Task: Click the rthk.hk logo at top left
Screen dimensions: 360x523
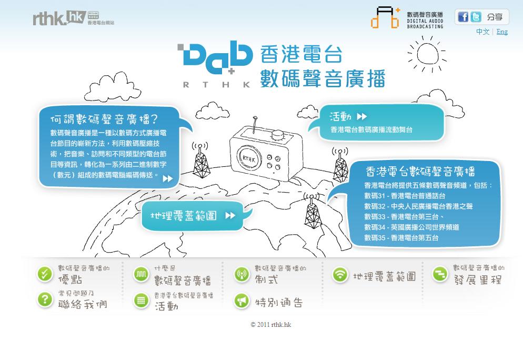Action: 59,18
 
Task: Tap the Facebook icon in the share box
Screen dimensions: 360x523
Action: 462,17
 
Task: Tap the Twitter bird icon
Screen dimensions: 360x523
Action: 476,17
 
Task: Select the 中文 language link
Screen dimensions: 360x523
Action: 482,32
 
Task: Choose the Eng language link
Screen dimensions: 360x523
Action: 502,32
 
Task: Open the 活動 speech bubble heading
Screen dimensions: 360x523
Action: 348,116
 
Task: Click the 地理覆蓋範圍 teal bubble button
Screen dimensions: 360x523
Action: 192,216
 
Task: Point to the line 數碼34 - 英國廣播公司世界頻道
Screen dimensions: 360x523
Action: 411,227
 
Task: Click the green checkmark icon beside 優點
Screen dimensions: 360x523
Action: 45,274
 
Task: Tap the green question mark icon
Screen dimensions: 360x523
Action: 45,299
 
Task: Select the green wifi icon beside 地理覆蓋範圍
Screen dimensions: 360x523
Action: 340,274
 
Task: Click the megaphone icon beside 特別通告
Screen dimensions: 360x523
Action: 242,301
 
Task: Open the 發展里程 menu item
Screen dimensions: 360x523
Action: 478,279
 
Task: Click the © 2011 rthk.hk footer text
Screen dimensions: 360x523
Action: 270,325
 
